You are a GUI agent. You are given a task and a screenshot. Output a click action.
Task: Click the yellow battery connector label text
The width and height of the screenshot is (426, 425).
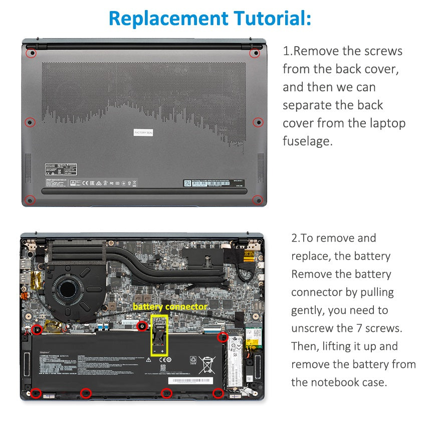[170, 306]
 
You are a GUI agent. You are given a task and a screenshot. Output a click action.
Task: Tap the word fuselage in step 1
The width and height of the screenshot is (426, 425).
[307, 141]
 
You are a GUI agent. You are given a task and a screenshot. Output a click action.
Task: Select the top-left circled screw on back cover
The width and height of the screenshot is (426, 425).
[31, 52]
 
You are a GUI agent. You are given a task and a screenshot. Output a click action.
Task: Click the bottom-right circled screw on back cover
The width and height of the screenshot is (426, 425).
[258, 200]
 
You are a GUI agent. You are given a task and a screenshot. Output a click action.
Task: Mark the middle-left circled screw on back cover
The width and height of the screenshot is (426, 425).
[30, 122]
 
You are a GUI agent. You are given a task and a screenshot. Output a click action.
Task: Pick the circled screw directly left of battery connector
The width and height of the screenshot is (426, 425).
[142, 326]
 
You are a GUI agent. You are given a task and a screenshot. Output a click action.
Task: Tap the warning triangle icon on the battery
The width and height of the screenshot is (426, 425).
[148, 360]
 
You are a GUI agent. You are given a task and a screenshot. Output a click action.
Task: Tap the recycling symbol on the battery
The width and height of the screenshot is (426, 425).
[193, 360]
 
